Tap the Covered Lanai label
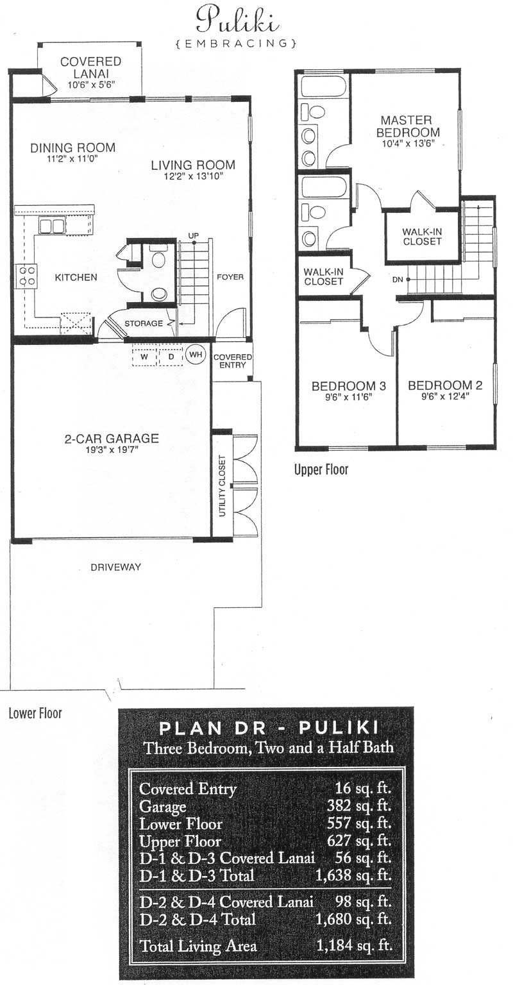(90, 68)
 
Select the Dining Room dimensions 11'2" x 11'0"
(72, 159)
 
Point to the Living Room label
(194, 165)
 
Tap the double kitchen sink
(51, 226)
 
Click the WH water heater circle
(196, 354)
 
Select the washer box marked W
(144, 357)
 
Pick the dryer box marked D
(171, 357)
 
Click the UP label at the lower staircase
(194, 236)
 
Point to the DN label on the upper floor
(398, 279)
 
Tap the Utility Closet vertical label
(222, 486)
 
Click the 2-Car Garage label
(112, 439)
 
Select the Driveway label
(115, 568)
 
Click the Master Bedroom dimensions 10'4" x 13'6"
(408, 144)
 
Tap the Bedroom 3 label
(349, 386)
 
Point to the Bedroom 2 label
(445, 385)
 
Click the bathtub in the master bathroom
(324, 87)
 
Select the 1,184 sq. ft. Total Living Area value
(354, 945)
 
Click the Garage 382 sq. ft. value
(358, 805)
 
